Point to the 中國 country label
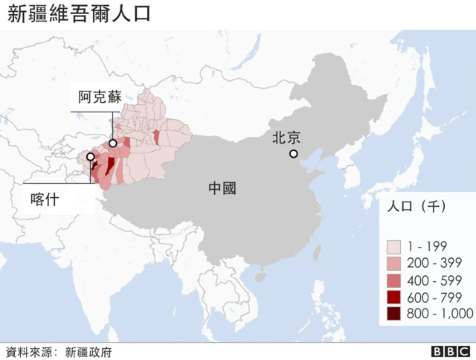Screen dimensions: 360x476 [222, 188]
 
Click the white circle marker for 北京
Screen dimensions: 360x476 [294, 154]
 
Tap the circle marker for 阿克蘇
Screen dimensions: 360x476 [113, 144]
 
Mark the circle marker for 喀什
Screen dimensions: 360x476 [91, 158]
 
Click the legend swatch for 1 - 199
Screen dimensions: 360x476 [394, 246]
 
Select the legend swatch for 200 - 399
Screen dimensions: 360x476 [394, 263]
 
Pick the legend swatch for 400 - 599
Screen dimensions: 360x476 [394, 280]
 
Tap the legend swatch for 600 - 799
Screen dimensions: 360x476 [394, 298]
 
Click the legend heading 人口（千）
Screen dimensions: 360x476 [416, 208]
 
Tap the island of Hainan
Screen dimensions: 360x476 [260, 276]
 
